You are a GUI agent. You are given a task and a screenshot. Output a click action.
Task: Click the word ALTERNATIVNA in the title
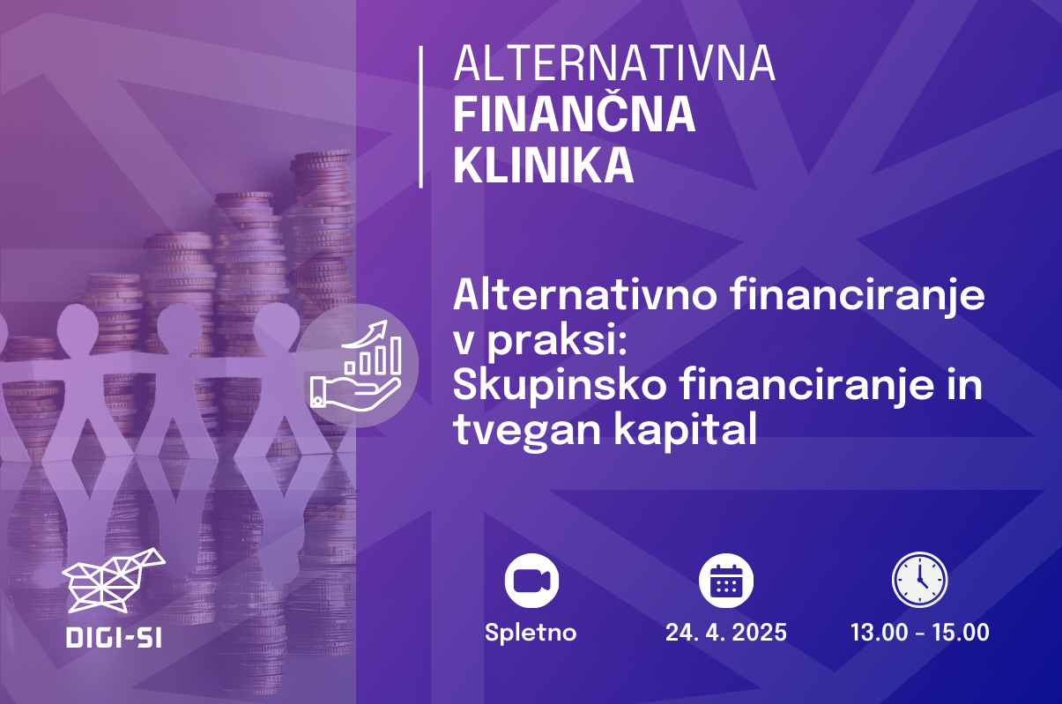coord(614,63)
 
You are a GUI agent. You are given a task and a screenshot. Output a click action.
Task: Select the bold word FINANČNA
coord(575,114)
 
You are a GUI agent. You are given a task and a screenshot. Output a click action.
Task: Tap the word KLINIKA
coord(543,166)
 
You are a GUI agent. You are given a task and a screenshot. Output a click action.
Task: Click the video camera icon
coord(531,581)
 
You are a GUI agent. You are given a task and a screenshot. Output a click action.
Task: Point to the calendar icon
coord(726,581)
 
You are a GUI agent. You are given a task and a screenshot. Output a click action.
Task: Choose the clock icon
coord(920,580)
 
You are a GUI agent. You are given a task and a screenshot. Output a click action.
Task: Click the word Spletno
coord(531,633)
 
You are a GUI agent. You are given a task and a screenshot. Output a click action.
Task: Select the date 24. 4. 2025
coord(726,633)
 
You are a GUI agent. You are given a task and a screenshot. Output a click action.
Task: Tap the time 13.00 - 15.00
coord(920,633)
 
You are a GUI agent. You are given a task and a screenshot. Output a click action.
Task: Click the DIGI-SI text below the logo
coord(114,638)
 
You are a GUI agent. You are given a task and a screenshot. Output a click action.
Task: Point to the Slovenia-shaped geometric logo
coord(114,581)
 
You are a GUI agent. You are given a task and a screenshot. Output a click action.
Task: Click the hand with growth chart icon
coord(356,365)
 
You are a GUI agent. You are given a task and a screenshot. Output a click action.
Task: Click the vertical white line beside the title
coord(421,117)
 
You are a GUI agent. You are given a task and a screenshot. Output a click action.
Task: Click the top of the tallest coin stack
coord(323,155)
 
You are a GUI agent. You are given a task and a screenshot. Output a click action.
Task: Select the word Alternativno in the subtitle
coord(586,295)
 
